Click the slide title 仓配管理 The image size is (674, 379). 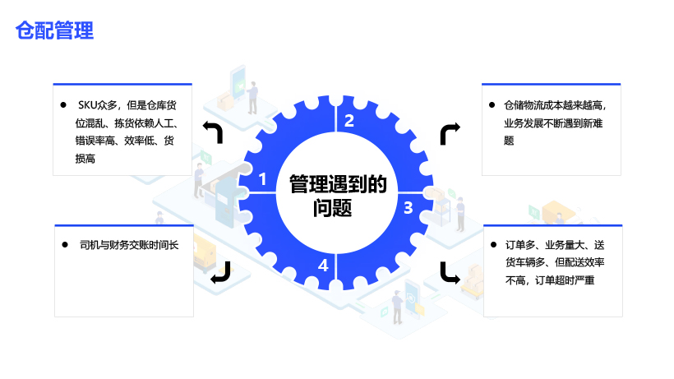tap(54, 30)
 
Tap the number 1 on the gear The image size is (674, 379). tap(262, 178)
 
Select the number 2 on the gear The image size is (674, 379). tap(349, 121)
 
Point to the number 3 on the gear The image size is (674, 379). tap(409, 208)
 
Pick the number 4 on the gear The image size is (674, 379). tap(323, 265)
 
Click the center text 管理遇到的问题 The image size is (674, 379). tap(338, 196)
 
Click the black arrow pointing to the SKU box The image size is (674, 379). tap(213, 132)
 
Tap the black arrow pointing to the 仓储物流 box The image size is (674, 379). tap(450, 134)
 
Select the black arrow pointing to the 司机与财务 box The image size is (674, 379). tap(220, 272)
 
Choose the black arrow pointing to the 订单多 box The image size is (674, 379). tap(450, 272)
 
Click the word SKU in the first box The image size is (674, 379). tap(87, 105)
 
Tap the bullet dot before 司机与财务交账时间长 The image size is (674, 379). tap(65, 245)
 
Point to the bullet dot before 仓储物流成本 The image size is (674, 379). tap(492, 105)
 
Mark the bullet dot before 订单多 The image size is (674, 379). tap(493, 244)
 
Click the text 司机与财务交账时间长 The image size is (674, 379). tap(129, 245)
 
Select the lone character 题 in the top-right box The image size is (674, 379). tap(509, 141)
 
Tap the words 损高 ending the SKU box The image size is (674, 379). tap(85, 159)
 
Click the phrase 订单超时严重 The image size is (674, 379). tap(565, 280)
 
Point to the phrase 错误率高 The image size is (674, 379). tap(95, 141)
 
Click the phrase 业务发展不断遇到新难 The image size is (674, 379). tap(553, 123)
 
